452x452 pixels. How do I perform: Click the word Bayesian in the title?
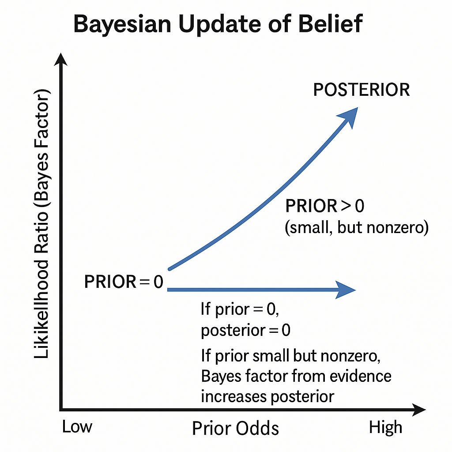(122, 24)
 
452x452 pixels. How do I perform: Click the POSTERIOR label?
(362, 90)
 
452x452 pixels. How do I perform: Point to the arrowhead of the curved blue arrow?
(350, 116)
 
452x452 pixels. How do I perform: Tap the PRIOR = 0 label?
(124, 282)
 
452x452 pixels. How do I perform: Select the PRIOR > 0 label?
(324, 206)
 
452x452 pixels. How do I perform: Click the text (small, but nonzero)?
(357, 227)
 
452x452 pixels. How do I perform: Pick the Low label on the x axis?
(77, 427)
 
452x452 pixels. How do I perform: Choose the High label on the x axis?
(386, 427)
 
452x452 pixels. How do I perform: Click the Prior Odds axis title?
(236, 428)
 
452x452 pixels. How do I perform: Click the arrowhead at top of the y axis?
(61, 60)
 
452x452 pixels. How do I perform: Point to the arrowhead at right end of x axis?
(418, 410)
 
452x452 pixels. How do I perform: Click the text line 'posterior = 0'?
(245, 330)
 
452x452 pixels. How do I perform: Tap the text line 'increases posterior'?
(267, 397)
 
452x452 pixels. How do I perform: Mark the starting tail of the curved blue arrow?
(170, 269)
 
